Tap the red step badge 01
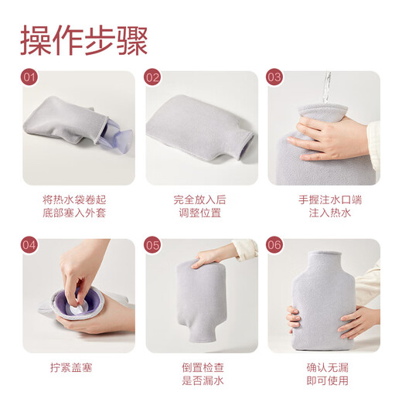click(x=29, y=78)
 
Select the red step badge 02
click(x=153, y=78)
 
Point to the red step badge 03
click(x=275, y=78)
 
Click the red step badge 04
click(x=29, y=246)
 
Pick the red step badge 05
click(x=153, y=246)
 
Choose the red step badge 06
click(x=275, y=246)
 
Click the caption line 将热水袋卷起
click(x=78, y=199)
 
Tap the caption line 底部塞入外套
click(x=78, y=213)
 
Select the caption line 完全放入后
click(x=201, y=199)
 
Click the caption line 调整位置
click(x=201, y=213)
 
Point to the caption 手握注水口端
click(x=324, y=199)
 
